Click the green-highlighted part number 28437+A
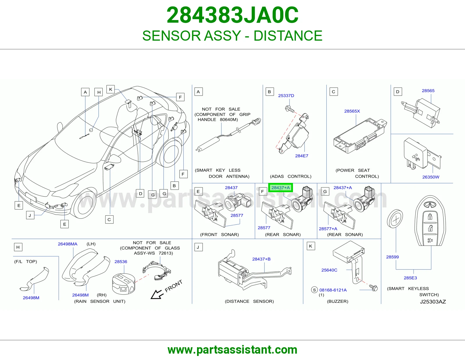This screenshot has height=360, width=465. tap(280, 188)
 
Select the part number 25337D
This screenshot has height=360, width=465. tap(286, 96)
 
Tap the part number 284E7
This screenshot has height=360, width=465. tap(301, 156)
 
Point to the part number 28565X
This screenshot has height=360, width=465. tap(352, 111)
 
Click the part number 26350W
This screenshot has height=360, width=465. tap(430, 177)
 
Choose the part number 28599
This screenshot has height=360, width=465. tap(392, 257)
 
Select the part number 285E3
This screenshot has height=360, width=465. tap(410, 278)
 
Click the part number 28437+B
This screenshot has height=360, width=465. tap(261, 259)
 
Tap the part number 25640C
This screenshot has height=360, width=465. tap(329, 270)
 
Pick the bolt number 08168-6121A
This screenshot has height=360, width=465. tap(333, 290)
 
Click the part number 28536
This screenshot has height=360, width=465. tap(121, 262)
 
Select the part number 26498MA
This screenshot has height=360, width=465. tap(67, 244)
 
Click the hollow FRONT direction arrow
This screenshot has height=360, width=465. tap(157, 294)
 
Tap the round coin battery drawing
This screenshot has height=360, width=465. tap(395, 219)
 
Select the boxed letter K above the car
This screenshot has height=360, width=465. tap(111, 89)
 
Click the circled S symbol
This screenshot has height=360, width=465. tap(314, 290)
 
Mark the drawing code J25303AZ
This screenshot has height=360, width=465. tap(433, 302)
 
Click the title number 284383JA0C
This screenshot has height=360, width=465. tap(233, 15)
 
